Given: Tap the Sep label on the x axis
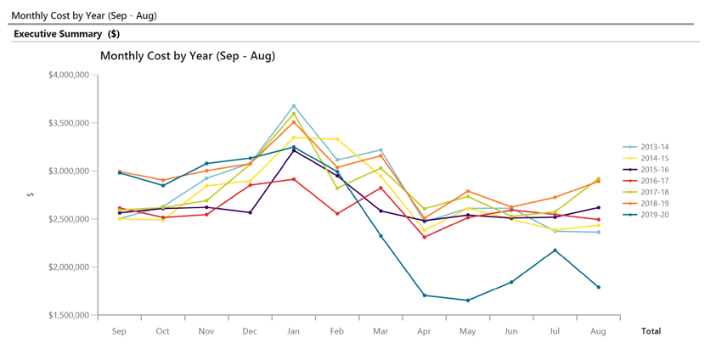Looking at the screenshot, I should (119, 331).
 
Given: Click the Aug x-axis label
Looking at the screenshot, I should (598, 331).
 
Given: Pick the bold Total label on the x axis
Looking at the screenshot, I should (651, 331).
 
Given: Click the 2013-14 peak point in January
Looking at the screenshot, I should (294, 106).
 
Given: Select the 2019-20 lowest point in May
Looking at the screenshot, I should (467, 300).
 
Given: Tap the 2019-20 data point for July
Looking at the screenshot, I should (555, 250).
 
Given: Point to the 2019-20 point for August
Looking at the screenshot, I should (598, 287).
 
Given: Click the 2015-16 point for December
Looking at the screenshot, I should (250, 212).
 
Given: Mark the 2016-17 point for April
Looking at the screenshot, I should (424, 237).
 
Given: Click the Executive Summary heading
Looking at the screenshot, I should (65, 34).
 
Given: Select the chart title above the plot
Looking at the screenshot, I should (187, 56).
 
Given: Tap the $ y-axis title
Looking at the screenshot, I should (31, 194).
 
